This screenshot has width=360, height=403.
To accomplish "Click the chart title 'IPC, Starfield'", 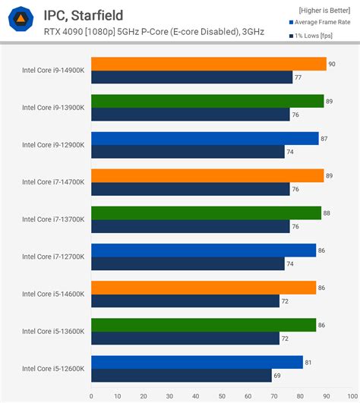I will click(83, 15).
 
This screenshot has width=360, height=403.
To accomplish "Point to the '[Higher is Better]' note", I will click(319, 11).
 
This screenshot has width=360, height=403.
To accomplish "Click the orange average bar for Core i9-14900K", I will click(208, 64).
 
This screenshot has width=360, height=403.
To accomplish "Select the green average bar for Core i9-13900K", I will click(207, 101).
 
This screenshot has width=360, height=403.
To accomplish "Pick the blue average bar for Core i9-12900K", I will click(204, 138).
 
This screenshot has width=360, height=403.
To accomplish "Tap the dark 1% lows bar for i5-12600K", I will click(181, 375).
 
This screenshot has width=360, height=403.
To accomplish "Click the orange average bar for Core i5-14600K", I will click(203, 288).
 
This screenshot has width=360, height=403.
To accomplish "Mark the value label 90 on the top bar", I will click(333, 64).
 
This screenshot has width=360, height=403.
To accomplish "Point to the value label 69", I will click(277, 375).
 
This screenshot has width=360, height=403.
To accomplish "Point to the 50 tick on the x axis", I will click(222, 395).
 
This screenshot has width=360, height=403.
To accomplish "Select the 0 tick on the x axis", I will click(91, 395).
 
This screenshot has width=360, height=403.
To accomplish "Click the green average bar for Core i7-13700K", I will click(206, 213).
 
